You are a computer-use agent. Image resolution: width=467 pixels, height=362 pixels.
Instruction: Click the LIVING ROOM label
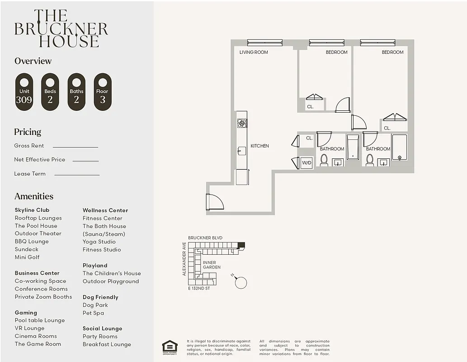(x=254, y=52)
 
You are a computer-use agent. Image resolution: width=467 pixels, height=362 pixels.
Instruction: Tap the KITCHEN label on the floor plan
(x=259, y=146)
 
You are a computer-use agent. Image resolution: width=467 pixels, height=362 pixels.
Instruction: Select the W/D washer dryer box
(x=307, y=162)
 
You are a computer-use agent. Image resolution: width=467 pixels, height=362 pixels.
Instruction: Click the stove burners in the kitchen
(x=242, y=123)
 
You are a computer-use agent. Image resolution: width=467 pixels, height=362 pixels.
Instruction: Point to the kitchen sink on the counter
(x=241, y=151)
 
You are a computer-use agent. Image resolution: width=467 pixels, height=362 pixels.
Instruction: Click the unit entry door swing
(x=214, y=202)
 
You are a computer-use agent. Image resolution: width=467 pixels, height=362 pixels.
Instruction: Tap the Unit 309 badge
(x=24, y=92)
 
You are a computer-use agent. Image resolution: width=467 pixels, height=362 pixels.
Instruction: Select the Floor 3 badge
(x=103, y=92)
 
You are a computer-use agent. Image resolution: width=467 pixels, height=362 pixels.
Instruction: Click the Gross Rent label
(x=29, y=146)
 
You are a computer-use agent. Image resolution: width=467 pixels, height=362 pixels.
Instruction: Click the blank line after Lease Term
(x=77, y=175)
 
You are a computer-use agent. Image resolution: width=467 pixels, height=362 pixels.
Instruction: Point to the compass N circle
(x=241, y=283)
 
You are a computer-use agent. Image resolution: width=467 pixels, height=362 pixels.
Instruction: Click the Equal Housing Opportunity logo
(x=170, y=347)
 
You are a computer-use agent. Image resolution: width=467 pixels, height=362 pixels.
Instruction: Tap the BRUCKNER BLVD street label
(x=205, y=238)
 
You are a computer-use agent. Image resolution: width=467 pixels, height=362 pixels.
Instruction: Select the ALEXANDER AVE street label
(x=184, y=259)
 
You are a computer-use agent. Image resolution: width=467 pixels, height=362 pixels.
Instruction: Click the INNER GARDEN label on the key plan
(x=212, y=265)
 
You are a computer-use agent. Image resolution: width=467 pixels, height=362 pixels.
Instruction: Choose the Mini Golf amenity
(x=27, y=257)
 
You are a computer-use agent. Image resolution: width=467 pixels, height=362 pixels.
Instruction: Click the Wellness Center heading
(x=105, y=210)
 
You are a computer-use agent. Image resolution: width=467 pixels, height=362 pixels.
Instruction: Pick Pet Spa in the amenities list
(x=93, y=313)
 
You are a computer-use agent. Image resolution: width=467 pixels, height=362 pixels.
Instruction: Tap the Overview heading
(x=33, y=61)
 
